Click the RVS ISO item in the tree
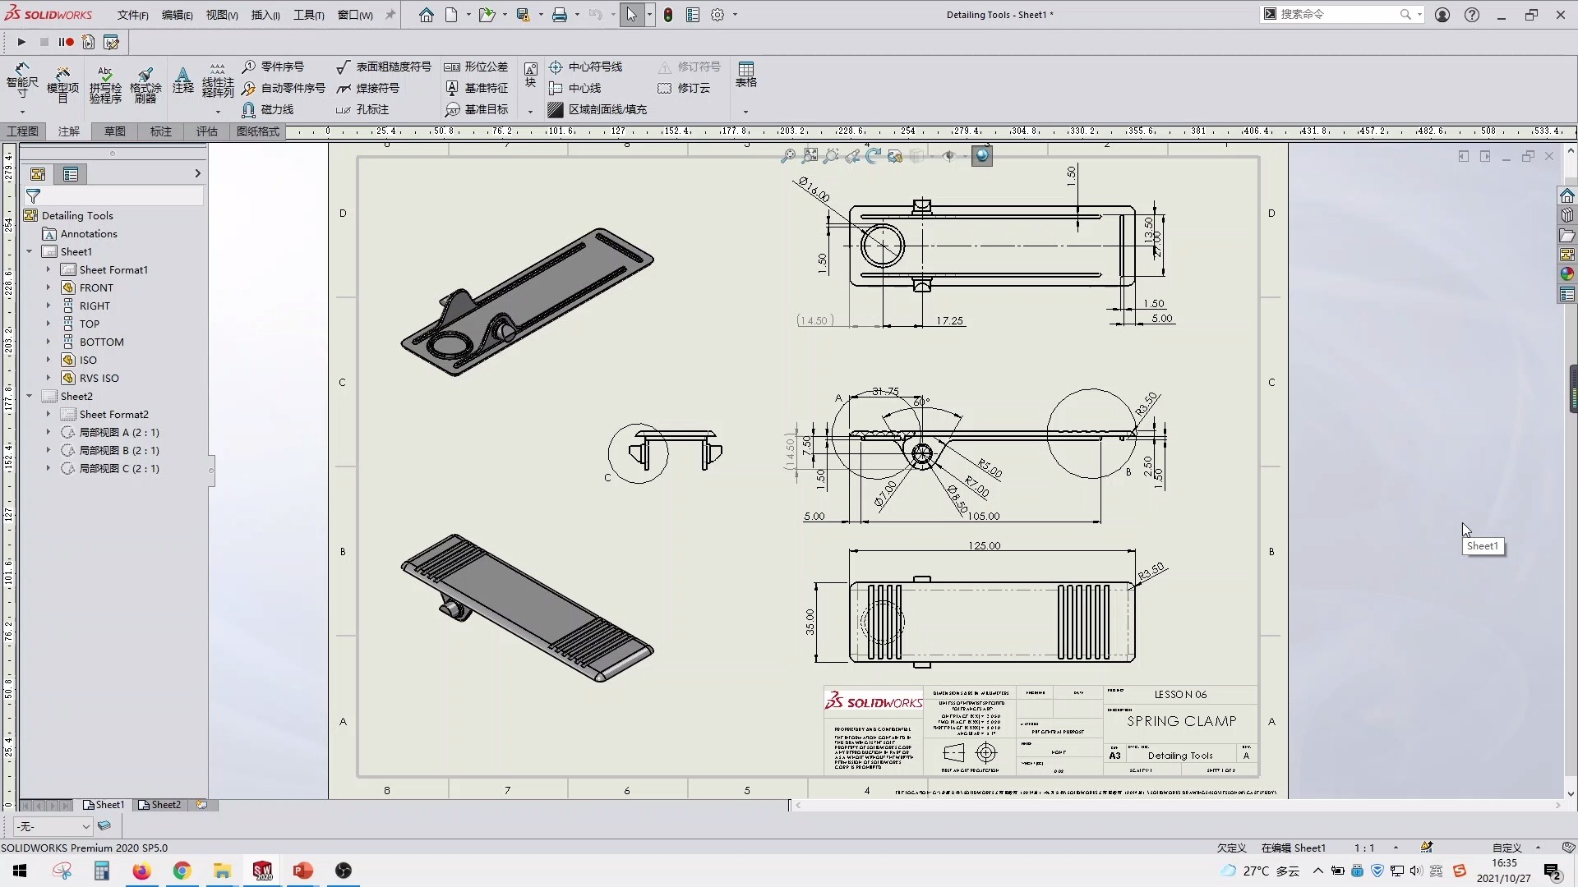pos(99,378)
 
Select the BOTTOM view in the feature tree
pos(101,342)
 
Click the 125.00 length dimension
pos(984,545)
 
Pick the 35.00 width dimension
pos(810,621)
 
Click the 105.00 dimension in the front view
pos(983,516)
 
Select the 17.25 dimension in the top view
pos(949,320)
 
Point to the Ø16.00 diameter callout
pos(813,190)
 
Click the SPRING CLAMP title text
pos(1181,721)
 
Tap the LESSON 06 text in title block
pos(1180,694)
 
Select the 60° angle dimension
pos(920,402)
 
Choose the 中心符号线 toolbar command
pos(594,67)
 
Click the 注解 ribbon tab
pos(69,131)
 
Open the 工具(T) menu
pos(308,15)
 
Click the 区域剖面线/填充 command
pos(607,109)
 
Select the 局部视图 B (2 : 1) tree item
pos(118,450)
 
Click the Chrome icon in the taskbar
pos(182,871)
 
